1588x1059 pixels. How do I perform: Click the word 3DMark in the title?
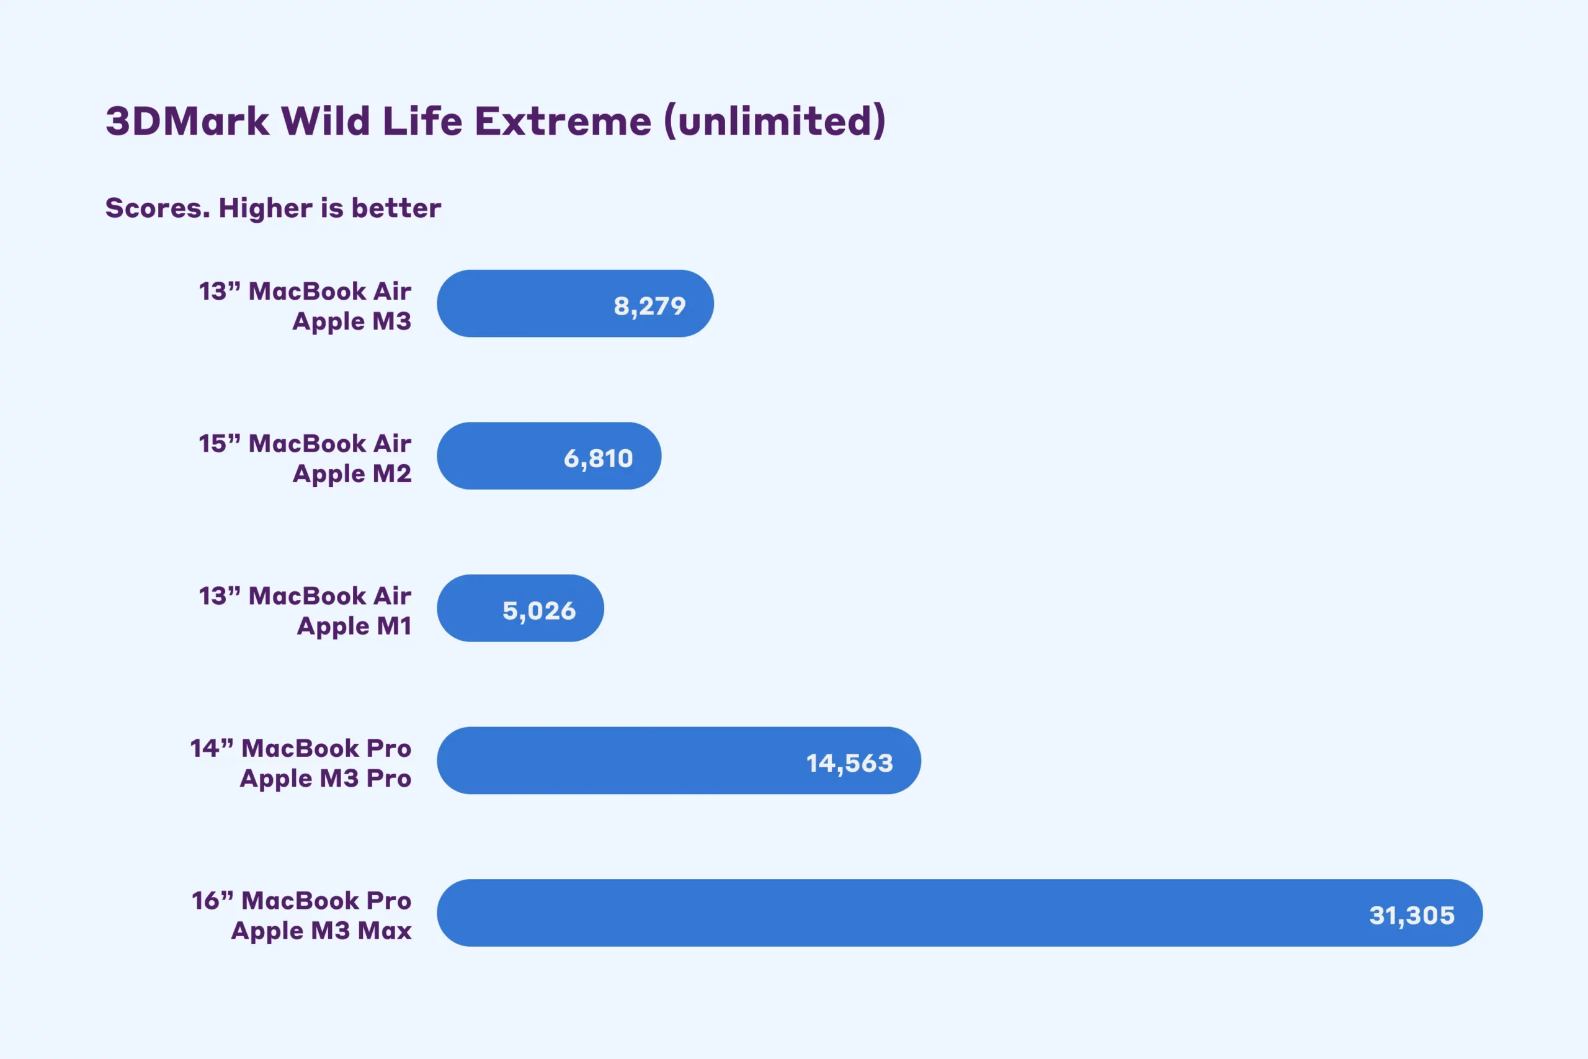[187, 122]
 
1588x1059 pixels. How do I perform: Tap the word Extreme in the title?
[563, 122]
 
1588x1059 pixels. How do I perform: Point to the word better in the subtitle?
[396, 208]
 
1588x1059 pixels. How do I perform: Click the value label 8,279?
[649, 306]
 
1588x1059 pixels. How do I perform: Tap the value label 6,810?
[598, 458]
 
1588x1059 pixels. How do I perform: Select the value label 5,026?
[539, 611]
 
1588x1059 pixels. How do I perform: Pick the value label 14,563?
[849, 763]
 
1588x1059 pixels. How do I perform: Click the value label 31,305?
[1412, 916]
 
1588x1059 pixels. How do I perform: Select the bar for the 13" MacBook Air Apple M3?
[575, 303]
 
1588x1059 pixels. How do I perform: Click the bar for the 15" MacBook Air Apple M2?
[549, 456]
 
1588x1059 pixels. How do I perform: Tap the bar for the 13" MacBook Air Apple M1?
[520, 608]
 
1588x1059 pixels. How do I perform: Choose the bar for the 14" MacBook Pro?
[679, 761]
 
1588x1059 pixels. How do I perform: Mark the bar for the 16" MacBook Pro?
[960, 913]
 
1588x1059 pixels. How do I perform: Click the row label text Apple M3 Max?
[321, 931]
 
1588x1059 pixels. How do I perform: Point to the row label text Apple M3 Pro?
[326, 779]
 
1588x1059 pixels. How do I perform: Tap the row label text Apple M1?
[354, 627]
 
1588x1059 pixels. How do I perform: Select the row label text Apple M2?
[352, 474]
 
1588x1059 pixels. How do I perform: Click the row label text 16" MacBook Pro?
[301, 900]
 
